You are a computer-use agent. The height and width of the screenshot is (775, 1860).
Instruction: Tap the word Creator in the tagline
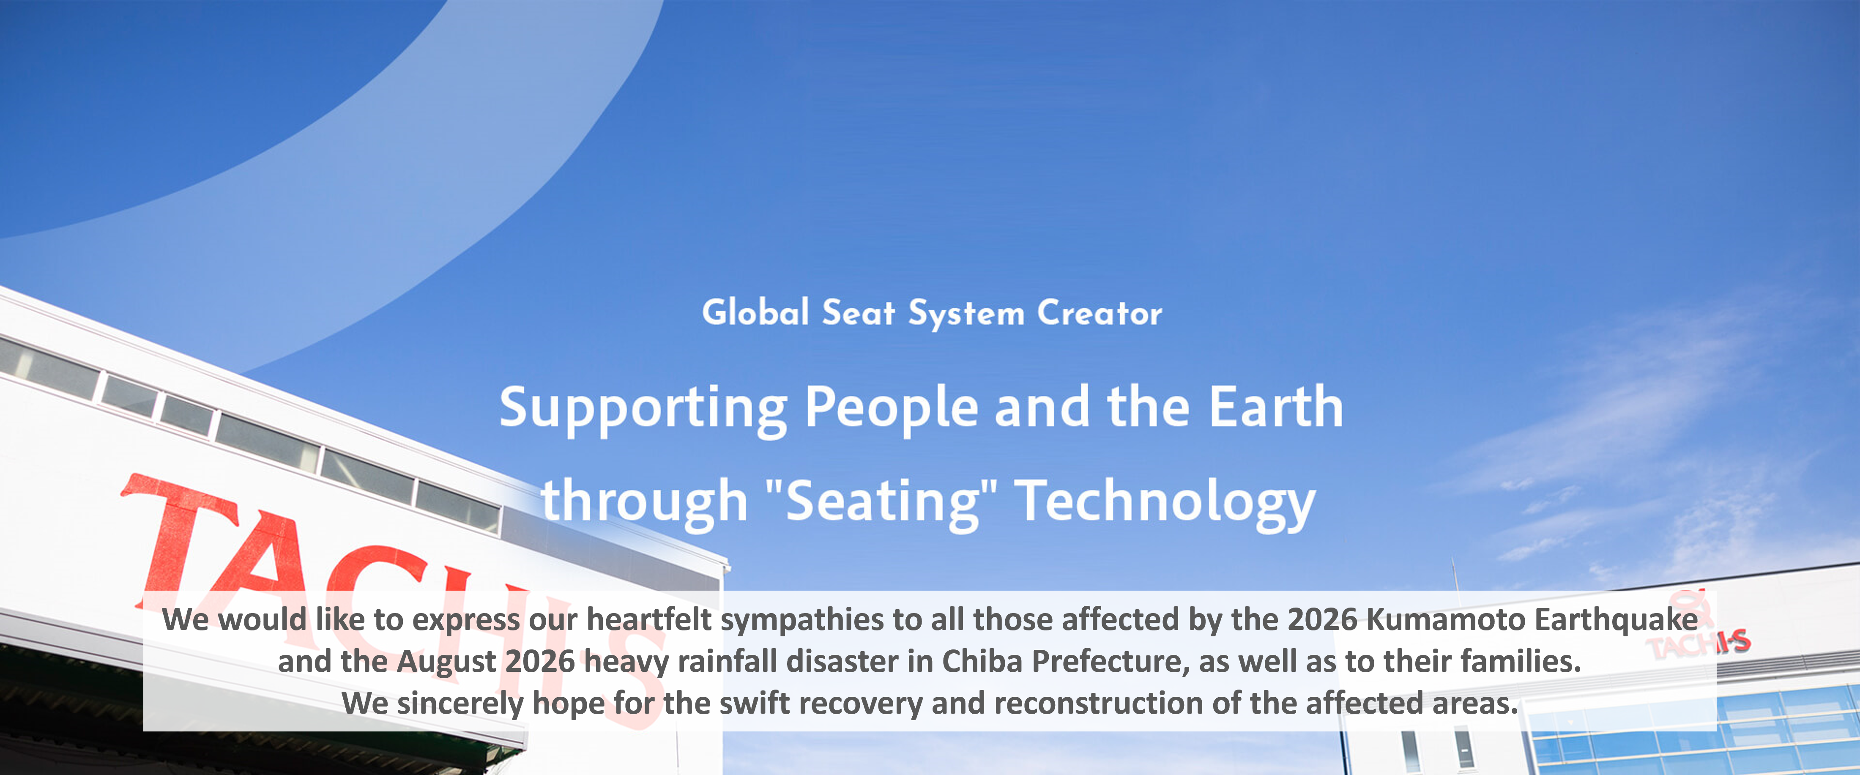(x=1100, y=313)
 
